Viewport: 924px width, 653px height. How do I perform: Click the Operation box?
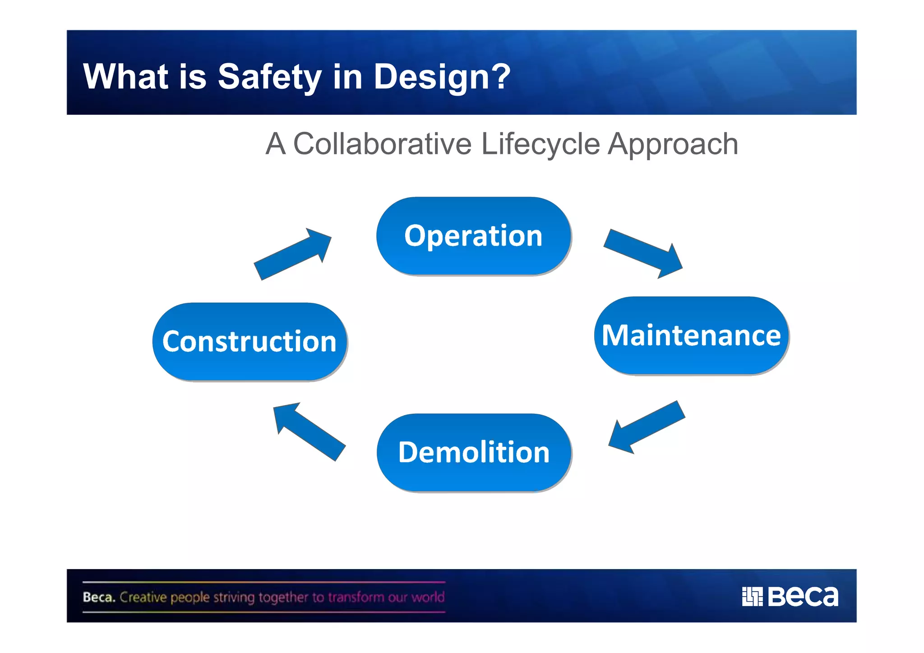click(x=473, y=236)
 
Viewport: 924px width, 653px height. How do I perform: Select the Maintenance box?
click(x=691, y=335)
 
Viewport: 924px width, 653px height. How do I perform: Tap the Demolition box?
click(x=474, y=452)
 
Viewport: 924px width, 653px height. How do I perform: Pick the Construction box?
click(x=249, y=342)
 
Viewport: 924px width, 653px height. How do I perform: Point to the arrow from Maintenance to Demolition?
click(x=646, y=426)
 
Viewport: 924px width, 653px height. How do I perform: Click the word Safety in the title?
click(x=269, y=77)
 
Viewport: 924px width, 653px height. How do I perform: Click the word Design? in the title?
click(x=442, y=77)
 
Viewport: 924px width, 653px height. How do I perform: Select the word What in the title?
click(x=125, y=77)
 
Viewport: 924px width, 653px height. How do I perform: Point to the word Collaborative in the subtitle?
click(x=382, y=144)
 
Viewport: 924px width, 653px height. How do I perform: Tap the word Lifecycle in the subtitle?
click(x=541, y=144)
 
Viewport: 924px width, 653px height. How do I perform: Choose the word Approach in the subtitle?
click(x=673, y=144)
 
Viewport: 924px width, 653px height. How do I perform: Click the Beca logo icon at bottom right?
click(x=752, y=597)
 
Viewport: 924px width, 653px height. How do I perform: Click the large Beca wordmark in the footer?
click(x=803, y=597)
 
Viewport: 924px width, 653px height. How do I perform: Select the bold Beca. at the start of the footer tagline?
click(x=99, y=597)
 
